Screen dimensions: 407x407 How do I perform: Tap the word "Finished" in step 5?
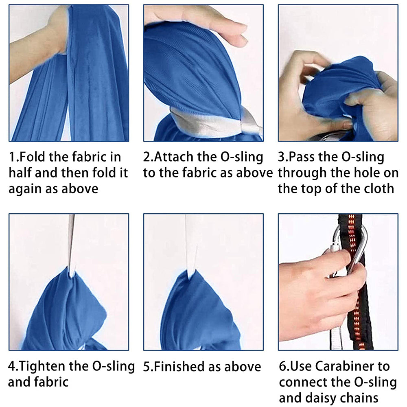(179, 367)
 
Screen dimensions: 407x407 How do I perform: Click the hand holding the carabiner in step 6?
(319, 298)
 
